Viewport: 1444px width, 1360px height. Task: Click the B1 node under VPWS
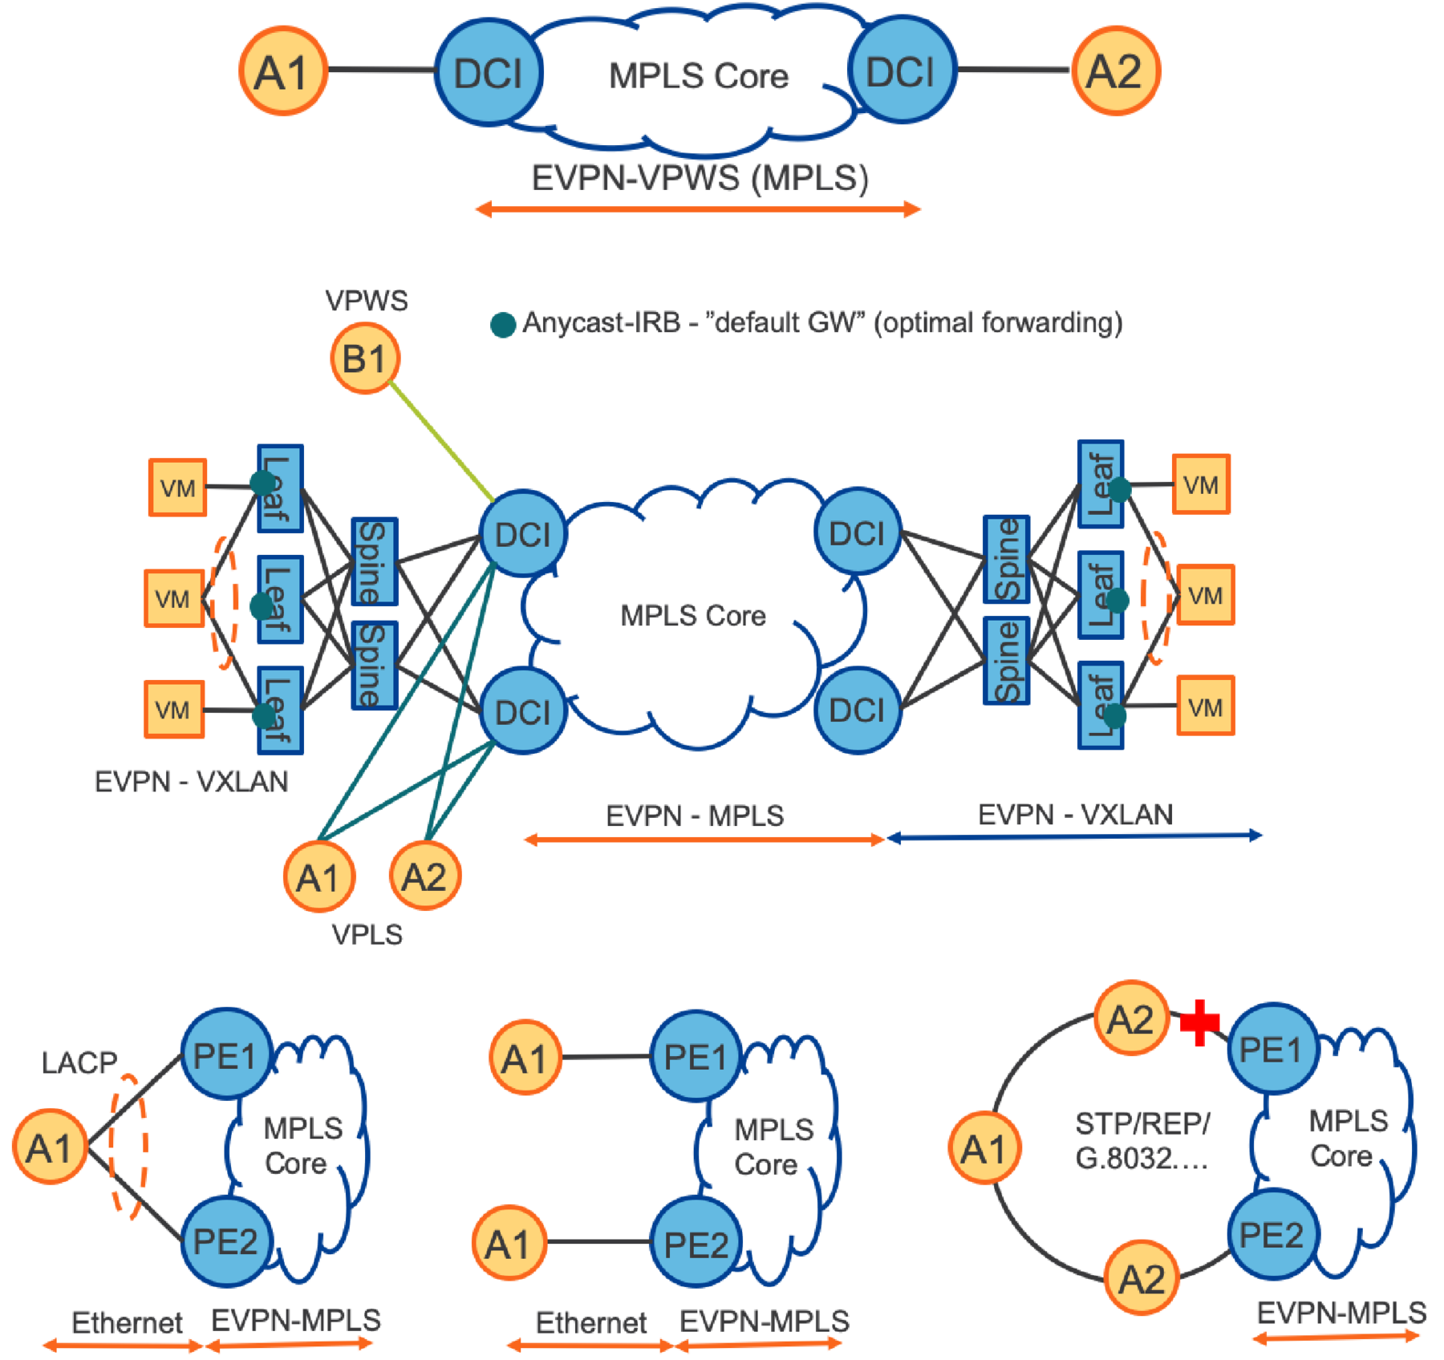(365, 358)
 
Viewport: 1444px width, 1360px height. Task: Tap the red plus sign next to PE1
(1200, 1022)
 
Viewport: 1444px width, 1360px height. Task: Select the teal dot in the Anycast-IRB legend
(503, 324)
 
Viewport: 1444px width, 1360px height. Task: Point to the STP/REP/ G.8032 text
(1142, 1140)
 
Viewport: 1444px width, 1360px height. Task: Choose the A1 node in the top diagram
(282, 71)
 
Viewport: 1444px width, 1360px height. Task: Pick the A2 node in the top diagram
(1116, 71)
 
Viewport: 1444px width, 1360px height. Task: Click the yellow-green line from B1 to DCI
(441, 439)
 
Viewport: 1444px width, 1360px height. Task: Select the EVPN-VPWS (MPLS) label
(700, 178)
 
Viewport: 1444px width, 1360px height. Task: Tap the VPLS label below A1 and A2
(367, 934)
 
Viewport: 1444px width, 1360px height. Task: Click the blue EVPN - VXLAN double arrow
(1075, 837)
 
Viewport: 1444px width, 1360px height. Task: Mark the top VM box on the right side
(1201, 484)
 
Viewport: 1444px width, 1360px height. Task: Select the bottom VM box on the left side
(174, 709)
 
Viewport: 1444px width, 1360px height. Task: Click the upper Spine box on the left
(373, 561)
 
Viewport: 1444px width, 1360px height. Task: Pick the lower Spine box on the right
(1007, 661)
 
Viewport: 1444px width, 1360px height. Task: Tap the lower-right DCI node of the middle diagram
(858, 710)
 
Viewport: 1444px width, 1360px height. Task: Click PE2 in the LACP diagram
(225, 1241)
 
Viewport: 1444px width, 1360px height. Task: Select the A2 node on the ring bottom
(1142, 1278)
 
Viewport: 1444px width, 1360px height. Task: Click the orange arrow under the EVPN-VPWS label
(698, 210)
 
